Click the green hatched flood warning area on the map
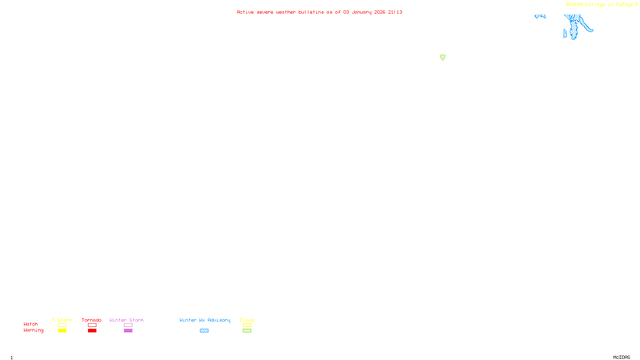pyautogui.click(x=443, y=57)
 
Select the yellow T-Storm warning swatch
pyautogui.click(x=62, y=331)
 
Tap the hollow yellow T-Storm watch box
pyautogui.click(x=62, y=325)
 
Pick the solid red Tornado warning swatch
pyautogui.click(x=92, y=331)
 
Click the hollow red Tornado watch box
pyautogui.click(x=92, y=325)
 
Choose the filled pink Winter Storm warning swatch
pyautogui.click(x=128, y=331)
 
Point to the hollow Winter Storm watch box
pyautogui.click(x=128, y=325)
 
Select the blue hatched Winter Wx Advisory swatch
pyautogui.click(x=204, y=331)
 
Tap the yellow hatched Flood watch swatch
pyautogui.click(x=247, y=325)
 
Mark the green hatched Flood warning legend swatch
pyautogui.click(x=247, y=331)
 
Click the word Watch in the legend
pyautogui.click(x=31, y=324)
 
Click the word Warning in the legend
pyautogui.click(x=33, y=330)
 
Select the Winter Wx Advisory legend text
pyautogui.click(x=205, y=320)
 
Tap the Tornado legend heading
pyautogui.click(x=92, y=320)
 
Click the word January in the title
pyautogui.click(x=362, y=12)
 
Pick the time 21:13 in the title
pyautogui.click(x=395, y=12)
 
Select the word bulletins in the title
pyautogui.click(x=311, y=12)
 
